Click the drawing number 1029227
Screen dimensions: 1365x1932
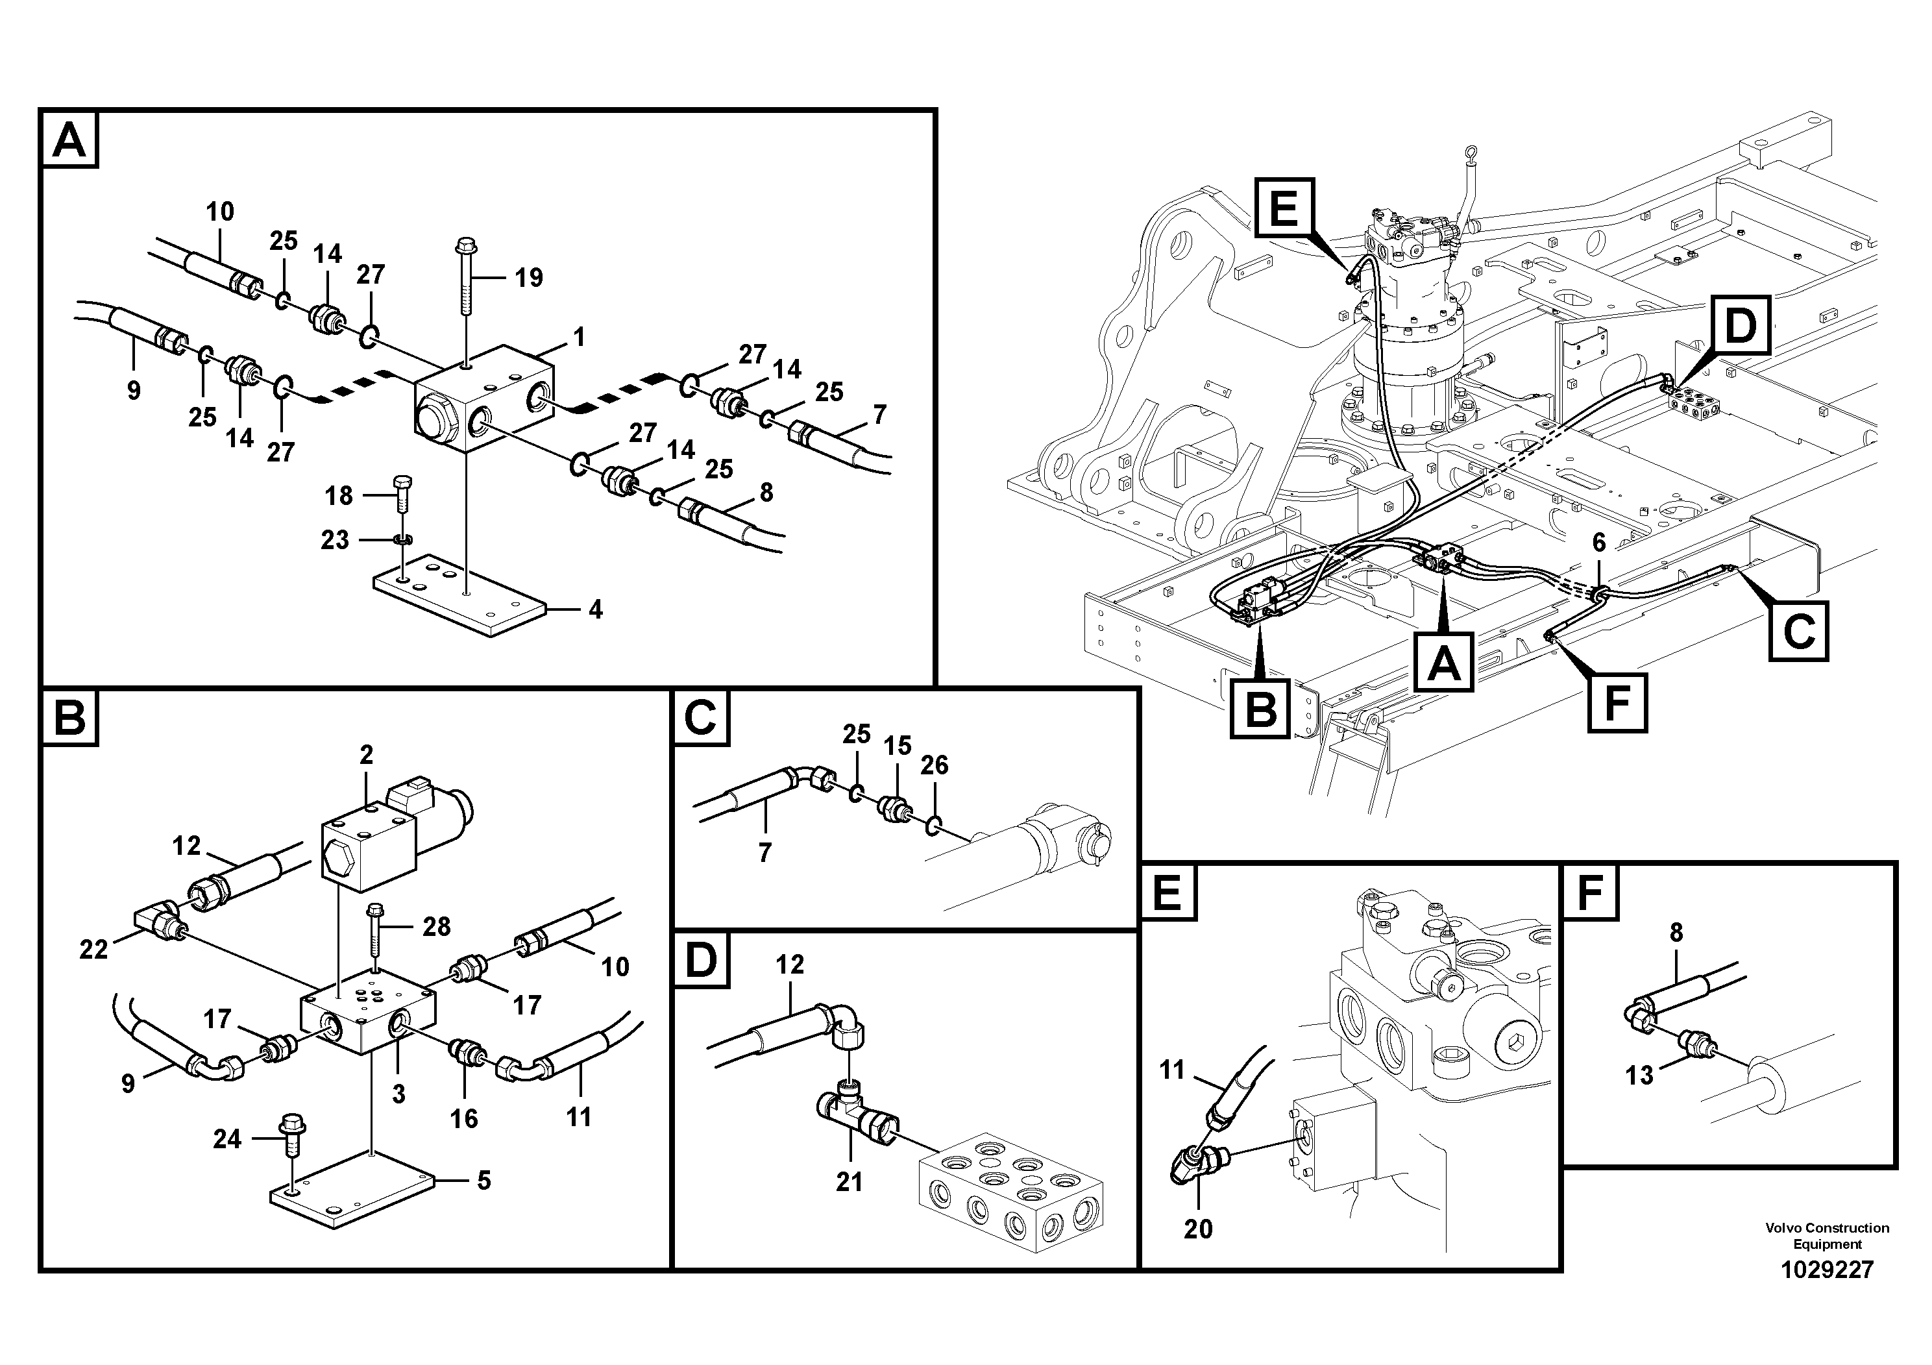(x=1827, y=1269)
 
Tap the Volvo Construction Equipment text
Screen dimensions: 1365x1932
(x=1827, y=1235)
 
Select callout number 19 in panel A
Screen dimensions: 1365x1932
(x=528, y=277)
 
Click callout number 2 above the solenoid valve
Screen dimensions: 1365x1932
(x=366, y=754)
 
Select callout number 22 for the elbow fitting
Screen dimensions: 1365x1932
(x=93, y=950)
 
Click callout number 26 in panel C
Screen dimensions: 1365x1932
(x=934, y=765)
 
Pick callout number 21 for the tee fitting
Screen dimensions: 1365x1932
(x=849, y=1183)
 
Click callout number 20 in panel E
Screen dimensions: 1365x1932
(x=1197, y=1229)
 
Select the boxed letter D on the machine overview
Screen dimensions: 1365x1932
(x=1740, y=326)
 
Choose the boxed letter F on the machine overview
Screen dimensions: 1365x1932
(x=1617, y=703)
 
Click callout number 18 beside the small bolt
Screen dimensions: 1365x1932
(x=339, y=496)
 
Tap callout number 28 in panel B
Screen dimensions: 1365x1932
(x=437, y=926)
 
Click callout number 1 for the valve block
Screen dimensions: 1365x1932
(x=578, y=338)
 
